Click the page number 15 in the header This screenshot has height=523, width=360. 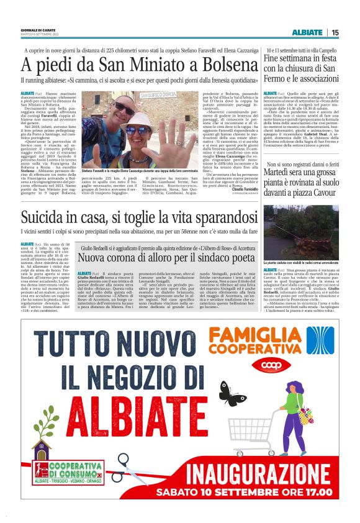(x=335, y=32)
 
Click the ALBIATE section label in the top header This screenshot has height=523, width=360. (x=308, y=32)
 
